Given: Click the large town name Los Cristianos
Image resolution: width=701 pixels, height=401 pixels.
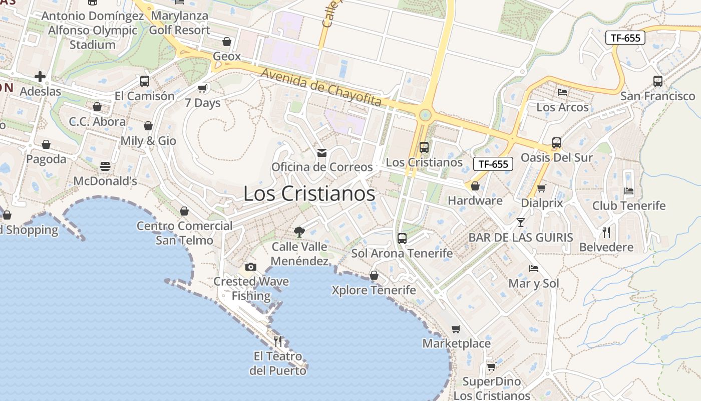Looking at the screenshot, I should coord(309,194).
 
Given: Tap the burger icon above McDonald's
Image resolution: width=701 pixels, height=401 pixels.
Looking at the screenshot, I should coord(105,166).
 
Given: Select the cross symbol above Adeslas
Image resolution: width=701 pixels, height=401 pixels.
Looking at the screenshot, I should coord(40,77).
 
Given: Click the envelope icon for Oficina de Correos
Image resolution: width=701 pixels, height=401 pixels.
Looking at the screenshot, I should coord(322,152).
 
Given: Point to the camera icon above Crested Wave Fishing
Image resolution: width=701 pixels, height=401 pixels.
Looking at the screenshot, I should coord(251,267).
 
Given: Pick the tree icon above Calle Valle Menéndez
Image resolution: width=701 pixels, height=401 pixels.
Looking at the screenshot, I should coord(299,232).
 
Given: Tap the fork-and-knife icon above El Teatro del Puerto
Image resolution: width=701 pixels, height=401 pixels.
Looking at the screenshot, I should coord(278,341).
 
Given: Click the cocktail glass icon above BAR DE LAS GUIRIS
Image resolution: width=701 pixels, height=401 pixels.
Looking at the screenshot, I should coord(521,222).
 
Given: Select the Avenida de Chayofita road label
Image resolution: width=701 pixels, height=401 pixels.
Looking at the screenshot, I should coord(321,87).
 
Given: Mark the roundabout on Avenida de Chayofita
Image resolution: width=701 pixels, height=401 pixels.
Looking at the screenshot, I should coord(425,115).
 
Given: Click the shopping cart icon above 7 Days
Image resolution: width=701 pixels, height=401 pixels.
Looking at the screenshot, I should coord(202,88).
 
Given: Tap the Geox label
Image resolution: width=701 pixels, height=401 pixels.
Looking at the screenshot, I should coord(227,56).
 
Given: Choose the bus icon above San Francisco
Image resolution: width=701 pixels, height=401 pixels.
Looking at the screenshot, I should coord(658,81).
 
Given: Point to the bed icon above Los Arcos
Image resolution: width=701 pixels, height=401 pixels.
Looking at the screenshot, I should coord(562,92).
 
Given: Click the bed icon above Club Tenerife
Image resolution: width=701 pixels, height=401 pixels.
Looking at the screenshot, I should coord(629,190).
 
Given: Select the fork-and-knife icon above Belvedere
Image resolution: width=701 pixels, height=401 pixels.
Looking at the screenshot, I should coord(606,232).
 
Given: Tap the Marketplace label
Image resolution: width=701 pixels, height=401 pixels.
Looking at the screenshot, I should coord(456,344).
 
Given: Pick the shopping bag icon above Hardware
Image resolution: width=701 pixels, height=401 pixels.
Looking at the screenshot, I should coord(475,186).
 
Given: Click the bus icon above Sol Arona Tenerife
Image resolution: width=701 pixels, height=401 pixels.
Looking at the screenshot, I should coord(402,239).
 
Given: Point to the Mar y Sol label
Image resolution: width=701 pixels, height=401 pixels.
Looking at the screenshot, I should coord(534,284).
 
